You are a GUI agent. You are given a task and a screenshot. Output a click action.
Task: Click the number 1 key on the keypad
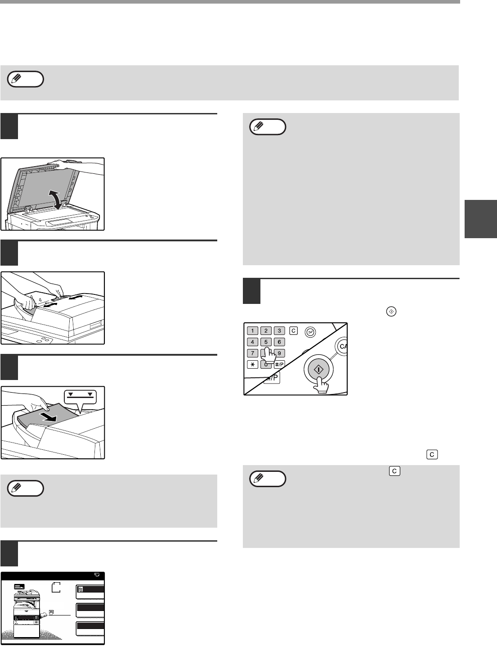pyautogui.click(x=252, y=331)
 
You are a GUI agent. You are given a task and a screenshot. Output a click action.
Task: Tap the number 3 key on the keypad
pyautogui.click(x=279, y=331)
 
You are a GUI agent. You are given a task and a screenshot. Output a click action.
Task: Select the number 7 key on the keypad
pyautogui.click(x=252, y=353)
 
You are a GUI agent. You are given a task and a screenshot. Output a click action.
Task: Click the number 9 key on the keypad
pyautogui.click(x=279, y=353)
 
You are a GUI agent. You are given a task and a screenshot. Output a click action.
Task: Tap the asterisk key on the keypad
pyautogui.click(x=252, y=364)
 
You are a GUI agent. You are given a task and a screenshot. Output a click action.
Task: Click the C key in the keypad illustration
pyautogui.click(x=294, y=331)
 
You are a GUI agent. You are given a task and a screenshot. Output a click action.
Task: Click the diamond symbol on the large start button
pyautogui.click(x=318, y=370)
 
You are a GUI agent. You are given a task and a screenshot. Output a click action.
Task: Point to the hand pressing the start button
pyautogui.click(x=321, y=385)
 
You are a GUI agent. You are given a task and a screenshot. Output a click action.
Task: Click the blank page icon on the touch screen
pyautogui.click(x=56, y=588)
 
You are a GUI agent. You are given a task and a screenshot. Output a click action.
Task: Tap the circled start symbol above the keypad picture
pyautogui.click(x=391, y=312)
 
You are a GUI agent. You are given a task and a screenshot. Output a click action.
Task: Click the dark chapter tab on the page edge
pyautogui.click(x=481, y=219)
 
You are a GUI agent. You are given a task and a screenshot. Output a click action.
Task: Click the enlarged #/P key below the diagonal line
pyautogui.click(x=272, y=378)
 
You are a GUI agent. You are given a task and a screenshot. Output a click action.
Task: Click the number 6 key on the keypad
pyautogui.click(x=279, y=342)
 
